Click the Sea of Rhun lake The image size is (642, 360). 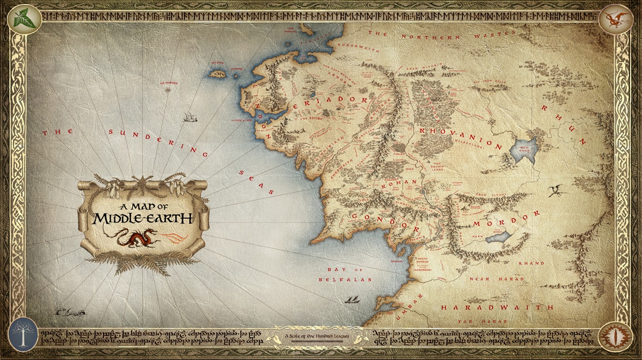tap(524, 149)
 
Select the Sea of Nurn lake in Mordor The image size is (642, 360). tap(498, 236)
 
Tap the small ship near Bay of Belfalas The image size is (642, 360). tap(351, 300)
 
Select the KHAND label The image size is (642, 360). tap(534, 263)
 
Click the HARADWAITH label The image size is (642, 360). tap(497, 308)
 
